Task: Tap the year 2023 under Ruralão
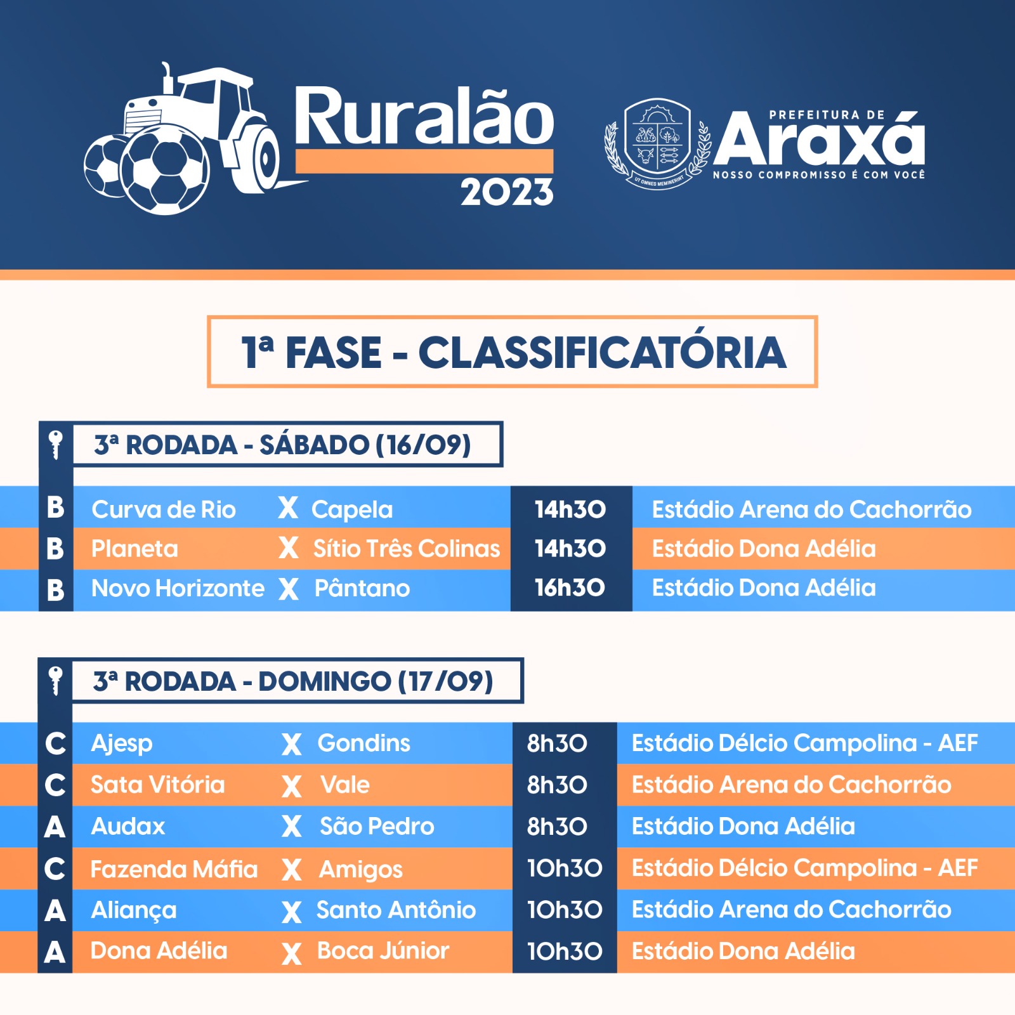point(507,192)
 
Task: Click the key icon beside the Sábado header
point(56,444)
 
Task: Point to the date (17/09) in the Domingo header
point(445,681)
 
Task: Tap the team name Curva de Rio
point(163,509)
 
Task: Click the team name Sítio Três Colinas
point(407,549)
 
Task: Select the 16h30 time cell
point(570,588)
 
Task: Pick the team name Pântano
point(362,588)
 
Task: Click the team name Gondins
point(363,743)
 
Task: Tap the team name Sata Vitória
point(157,785)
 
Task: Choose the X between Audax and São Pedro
point(292,827)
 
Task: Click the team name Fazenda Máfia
point(174,868)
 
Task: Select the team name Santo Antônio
point(396,910)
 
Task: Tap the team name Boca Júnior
point(383,951)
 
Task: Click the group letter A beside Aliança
point(55,911)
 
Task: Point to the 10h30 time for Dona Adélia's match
point(565,952)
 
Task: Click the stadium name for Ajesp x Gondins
point(804,743)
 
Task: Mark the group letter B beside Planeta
point(55,549)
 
